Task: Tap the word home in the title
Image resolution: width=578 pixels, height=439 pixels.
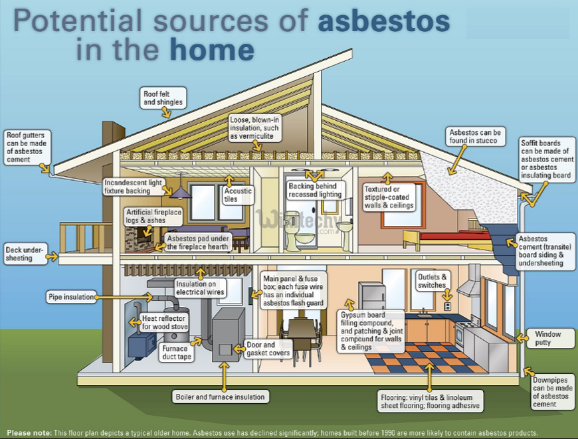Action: (x=211, y=50)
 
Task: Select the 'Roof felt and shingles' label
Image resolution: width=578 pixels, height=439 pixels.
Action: (x=163, y=98)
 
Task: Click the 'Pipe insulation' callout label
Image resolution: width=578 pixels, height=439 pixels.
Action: (x=70, y=297)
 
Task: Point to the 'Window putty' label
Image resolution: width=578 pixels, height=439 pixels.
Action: (x=548, y=338)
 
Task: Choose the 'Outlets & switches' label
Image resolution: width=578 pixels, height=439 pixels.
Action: (x=433, y=281)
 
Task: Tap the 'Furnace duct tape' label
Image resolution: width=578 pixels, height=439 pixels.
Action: (x=175, y=353)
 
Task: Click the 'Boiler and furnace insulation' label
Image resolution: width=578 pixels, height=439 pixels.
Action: (x=220, y=396)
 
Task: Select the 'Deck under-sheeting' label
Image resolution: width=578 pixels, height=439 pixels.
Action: (x=24, y=254)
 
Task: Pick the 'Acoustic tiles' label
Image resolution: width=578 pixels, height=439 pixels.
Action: (x=238, y=195)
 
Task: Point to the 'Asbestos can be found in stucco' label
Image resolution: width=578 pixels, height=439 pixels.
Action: (x=476, y=137)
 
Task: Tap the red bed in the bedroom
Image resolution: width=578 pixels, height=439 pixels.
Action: (x=452, y=236)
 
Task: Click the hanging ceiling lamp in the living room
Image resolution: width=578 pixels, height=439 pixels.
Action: (x=180, y=192)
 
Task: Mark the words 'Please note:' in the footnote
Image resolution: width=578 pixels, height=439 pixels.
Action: (x=29, y=432)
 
